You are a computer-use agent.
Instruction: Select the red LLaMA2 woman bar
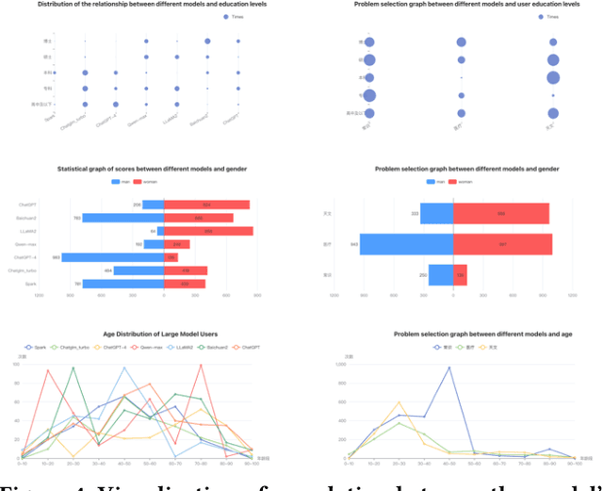tap(208, 231)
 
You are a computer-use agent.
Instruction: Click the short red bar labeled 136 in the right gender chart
tap(460, 274)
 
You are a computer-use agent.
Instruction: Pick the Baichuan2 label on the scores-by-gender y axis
tap(28, 218)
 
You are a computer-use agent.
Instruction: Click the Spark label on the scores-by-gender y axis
tap(31, 283)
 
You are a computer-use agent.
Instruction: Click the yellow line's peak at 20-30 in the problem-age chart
tap(399, 402)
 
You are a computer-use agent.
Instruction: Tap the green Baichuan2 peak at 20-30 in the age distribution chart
tap(73, 368)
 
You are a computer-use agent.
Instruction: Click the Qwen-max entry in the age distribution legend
tap(147, 347)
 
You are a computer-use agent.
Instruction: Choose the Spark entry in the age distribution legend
tap(36, 347)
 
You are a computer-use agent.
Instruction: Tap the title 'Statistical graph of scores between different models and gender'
tap(139, 169)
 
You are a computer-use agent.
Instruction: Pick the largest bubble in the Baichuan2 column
tap(207, 41)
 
